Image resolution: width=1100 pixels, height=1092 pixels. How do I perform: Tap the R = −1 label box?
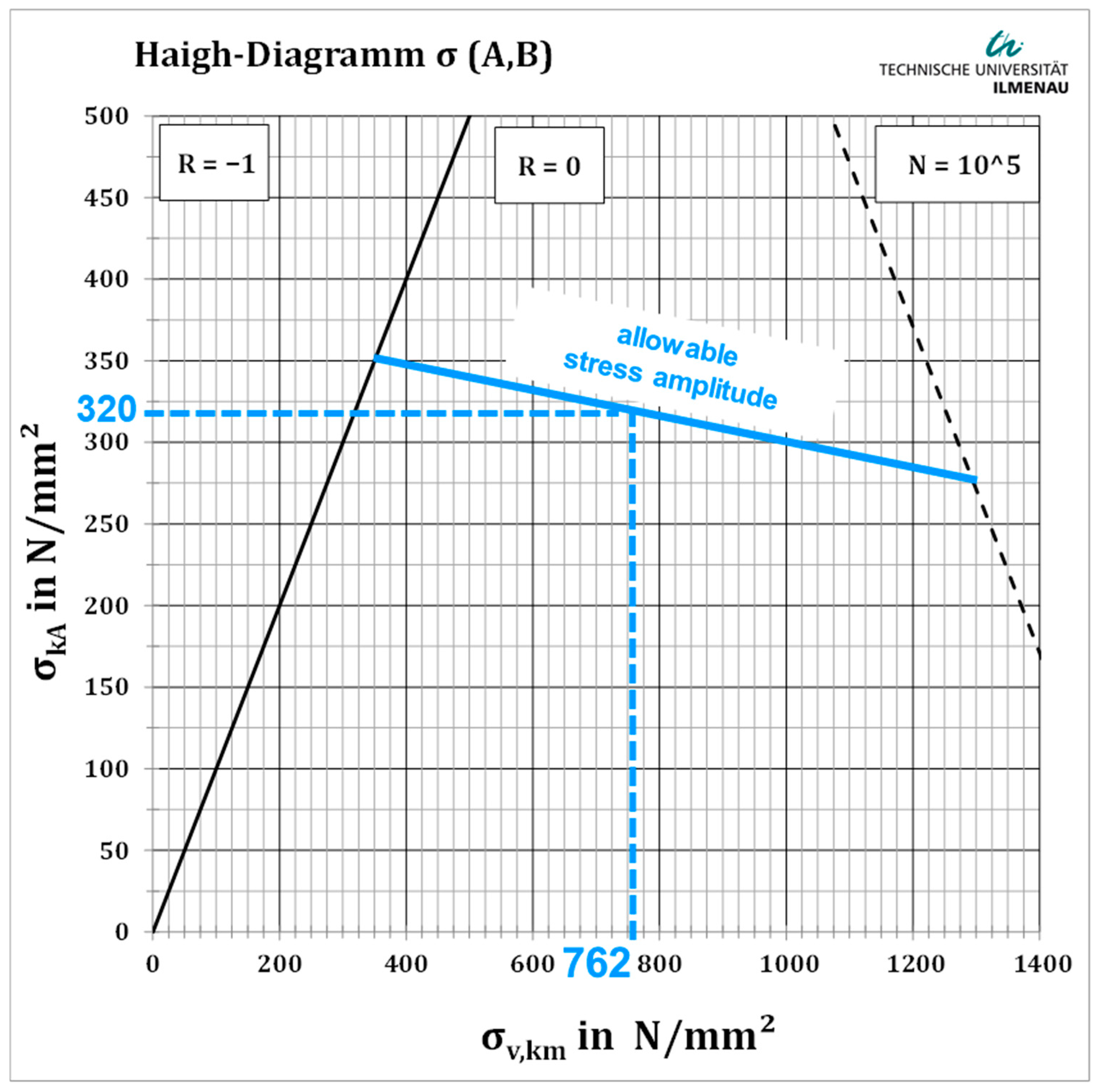pyautogui.click(x=214, y=163)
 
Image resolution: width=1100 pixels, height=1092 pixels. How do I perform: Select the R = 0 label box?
pyautogui.click(x=549, y=166)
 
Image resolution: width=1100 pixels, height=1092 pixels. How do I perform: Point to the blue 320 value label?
pyautogui.click(x=106, y=409)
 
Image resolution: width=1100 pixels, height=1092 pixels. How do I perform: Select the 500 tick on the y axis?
pyautogui.click(x=107, y=117)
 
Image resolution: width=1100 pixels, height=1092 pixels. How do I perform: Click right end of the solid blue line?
pyautogui.click(x=975, y=480)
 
